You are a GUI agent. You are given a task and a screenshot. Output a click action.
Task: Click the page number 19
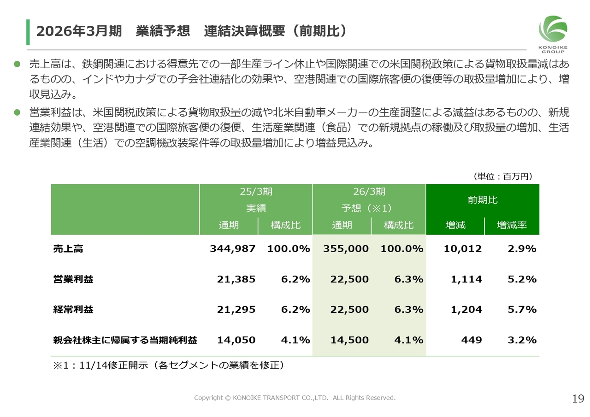click(x=578, y=399)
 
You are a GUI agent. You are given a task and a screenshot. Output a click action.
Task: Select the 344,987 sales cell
click(x=232, y=249)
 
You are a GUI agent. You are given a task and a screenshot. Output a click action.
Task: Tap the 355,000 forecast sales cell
click(x=346, y=249)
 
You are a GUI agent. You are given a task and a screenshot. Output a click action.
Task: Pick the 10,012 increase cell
click(x=462, y=249)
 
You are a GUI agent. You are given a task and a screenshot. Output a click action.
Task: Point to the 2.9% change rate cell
click(x=522, y=249)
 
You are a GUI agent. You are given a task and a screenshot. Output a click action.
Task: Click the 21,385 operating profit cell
click(x=236, y=279)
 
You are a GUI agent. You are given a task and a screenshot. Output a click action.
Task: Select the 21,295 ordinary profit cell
click(x=236, y=310)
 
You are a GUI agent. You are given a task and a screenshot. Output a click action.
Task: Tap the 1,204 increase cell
click(x=466, y=310)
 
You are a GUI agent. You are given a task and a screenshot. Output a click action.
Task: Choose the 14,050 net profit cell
click(x=236, y=340)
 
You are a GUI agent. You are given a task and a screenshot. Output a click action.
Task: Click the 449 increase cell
click(x=472, y=340)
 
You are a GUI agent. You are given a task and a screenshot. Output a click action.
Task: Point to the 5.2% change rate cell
click(x=522, y=279)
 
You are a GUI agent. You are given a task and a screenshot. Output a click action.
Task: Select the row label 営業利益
click(x=73, y=279)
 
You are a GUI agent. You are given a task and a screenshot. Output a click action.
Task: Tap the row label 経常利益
click(x=73, y=310)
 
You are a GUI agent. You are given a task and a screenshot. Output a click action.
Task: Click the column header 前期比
click(x=482, y=200)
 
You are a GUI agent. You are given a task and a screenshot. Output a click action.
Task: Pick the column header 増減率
click(x=512, y=225)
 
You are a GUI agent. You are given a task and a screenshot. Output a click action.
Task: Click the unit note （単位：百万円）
click(x=503, y=176)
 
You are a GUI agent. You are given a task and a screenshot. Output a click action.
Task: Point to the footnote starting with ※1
click(x=169, y=365)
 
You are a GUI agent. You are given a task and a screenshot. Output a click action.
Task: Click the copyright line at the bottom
click(x=295, y=398)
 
